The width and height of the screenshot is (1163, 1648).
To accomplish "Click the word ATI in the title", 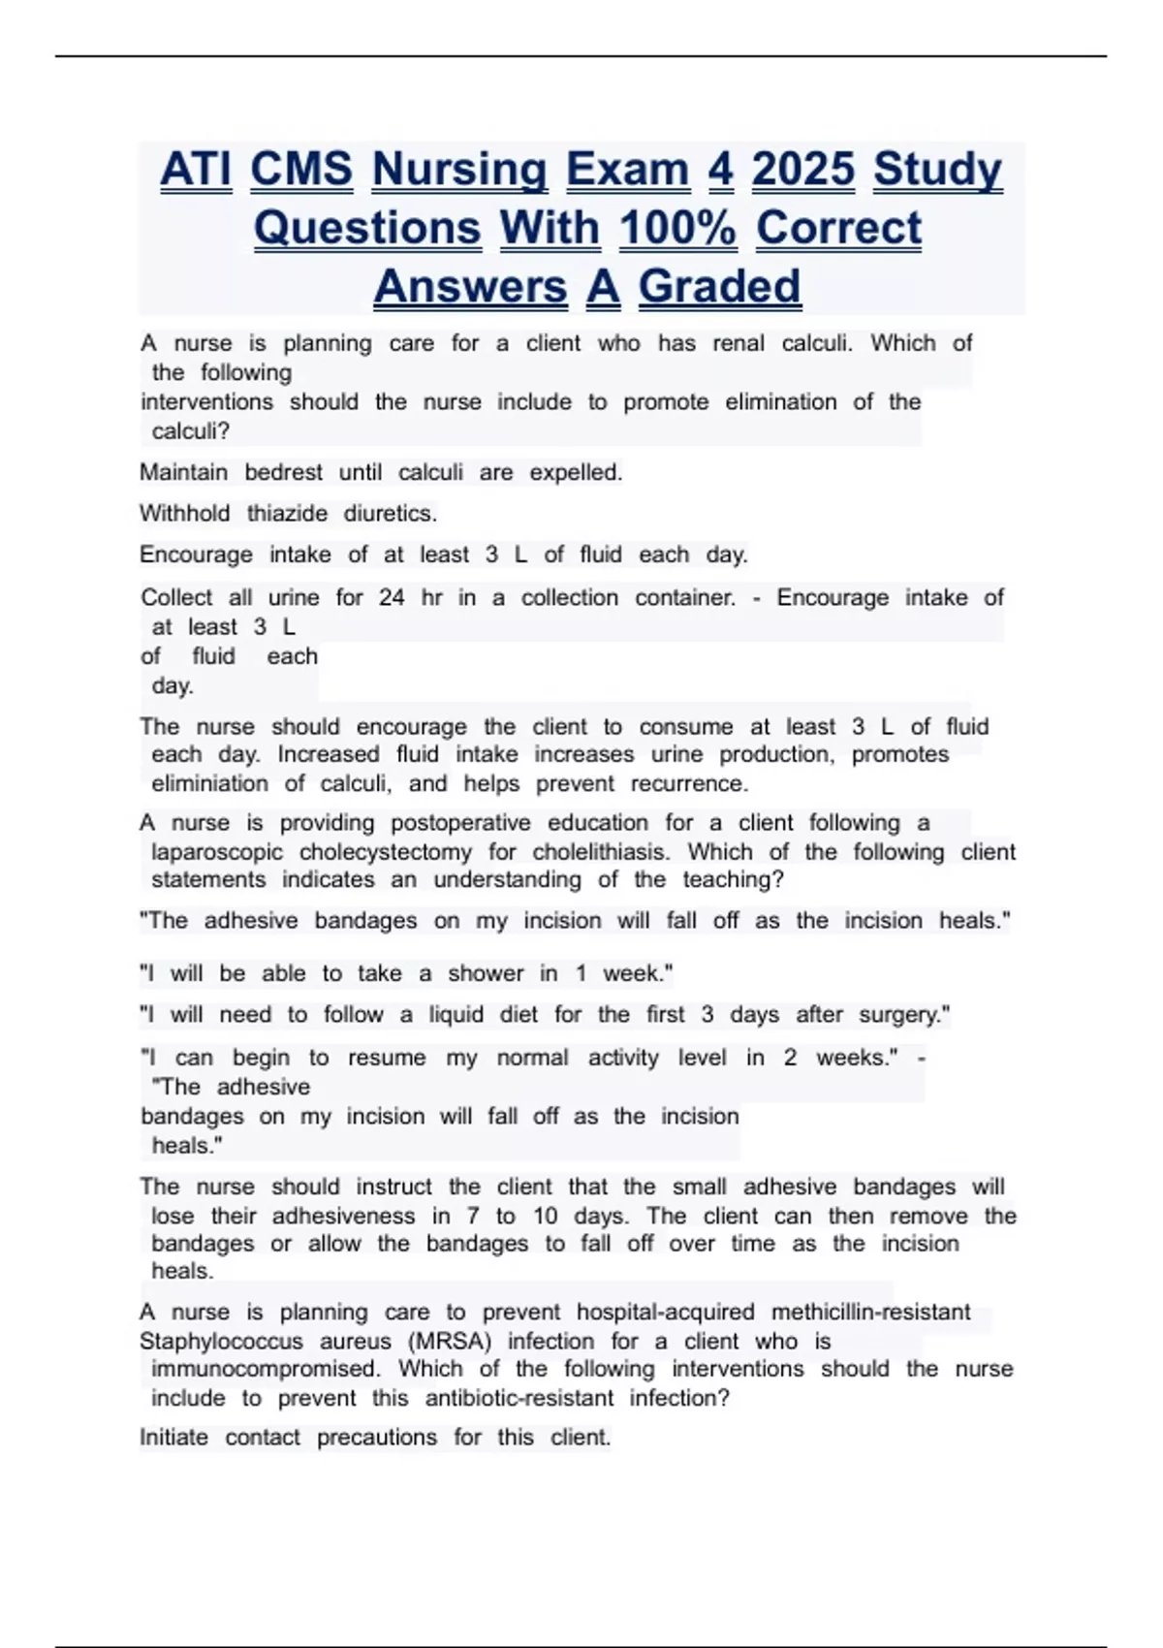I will pos(196,170).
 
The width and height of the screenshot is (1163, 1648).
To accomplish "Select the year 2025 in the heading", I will pos(803,170).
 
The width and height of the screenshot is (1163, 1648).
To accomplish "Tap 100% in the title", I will pos(677,229).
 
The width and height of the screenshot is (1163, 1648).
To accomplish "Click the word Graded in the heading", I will pos(719,287).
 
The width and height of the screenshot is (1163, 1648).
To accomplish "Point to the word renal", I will pos(739,343).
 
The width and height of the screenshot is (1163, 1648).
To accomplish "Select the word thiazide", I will pos(287,513).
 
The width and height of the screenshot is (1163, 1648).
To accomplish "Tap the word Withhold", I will pos(184,513).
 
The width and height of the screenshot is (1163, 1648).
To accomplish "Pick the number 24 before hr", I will pos(392,597).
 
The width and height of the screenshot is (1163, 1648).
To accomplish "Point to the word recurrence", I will pos(689,783).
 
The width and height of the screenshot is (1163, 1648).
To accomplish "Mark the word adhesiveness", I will pos(343,1216).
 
